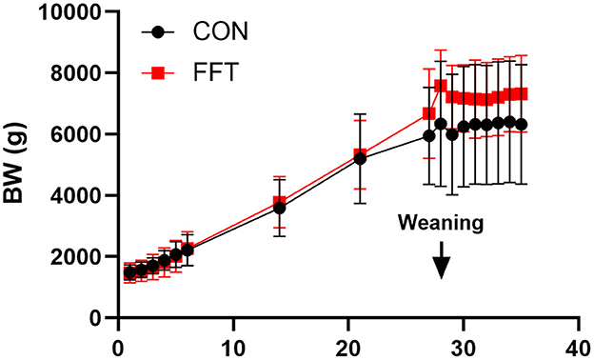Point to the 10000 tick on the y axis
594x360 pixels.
click(69, 12)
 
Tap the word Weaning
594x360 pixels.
click(441, 223)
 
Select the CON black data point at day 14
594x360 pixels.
click(279, 208)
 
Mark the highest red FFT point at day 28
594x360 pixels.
click(441, 86)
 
